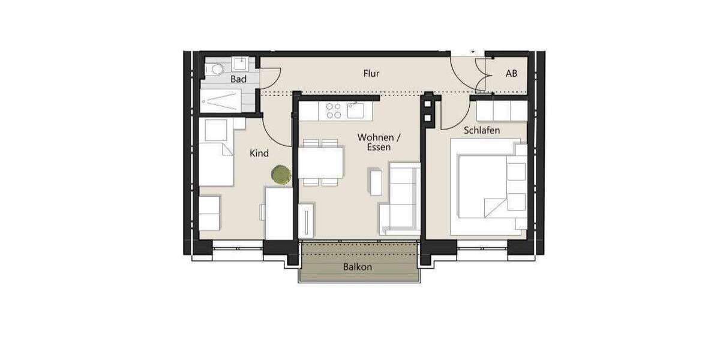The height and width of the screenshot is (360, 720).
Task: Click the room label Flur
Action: coord(371,74)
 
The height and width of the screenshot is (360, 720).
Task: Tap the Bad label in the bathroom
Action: coord(238,79)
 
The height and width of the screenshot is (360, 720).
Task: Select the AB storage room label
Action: coord(511,74)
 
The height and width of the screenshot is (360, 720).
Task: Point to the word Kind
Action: coord(259,154)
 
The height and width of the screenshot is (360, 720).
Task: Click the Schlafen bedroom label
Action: coord(481,130)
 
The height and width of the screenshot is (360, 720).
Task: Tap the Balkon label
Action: coord(358,267)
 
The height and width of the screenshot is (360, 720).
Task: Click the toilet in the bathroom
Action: coord(214,70)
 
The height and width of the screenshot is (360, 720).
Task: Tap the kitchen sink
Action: coord(355,110)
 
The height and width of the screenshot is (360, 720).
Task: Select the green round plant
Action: coord(280,175)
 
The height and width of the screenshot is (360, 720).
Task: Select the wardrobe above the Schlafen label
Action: coord(501,110)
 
